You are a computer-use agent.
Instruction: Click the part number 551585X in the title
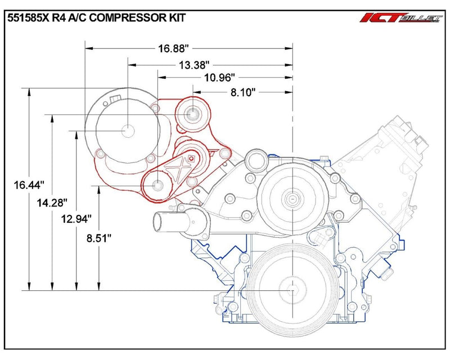29,17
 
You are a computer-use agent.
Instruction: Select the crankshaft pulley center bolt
293,290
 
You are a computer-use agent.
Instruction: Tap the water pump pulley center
293,198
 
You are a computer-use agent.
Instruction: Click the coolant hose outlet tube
164,221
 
